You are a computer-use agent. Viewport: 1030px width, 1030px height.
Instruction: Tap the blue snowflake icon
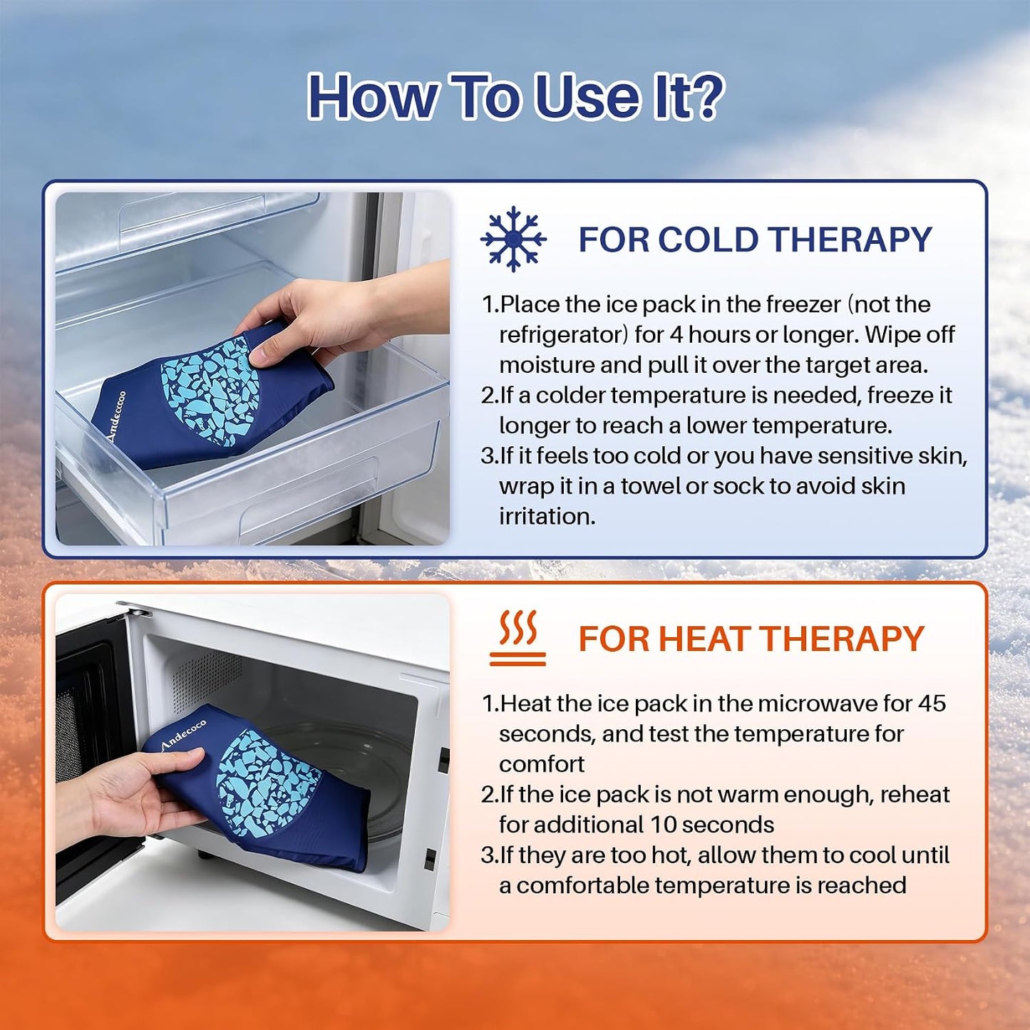pyautogui.click(x=513, y=239)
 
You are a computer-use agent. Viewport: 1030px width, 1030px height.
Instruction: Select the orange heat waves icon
pyautogui.click(x=517, y=638)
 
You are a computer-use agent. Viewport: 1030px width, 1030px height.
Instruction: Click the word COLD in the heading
pyautogui.click(x=703, y=240)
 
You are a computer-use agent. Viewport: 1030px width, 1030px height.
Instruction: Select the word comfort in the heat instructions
pyautogui.click(x=542, y=765)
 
